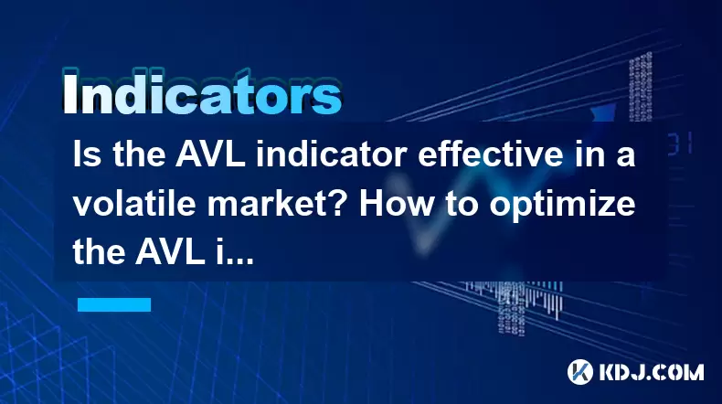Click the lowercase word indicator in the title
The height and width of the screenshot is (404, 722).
[x=331, y=154]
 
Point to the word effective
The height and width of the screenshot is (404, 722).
[x=491, y=154]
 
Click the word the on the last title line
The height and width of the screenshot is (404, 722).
[x=99, y=252]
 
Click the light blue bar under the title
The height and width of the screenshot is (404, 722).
[x=114, y=305]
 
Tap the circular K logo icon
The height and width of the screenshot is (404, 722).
[x=580, y=372]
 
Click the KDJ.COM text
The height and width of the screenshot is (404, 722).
[x=651, y=372]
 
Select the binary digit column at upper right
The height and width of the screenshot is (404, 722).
[x=641, y=87]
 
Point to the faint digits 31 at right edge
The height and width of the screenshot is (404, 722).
[x=680, y=144]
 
